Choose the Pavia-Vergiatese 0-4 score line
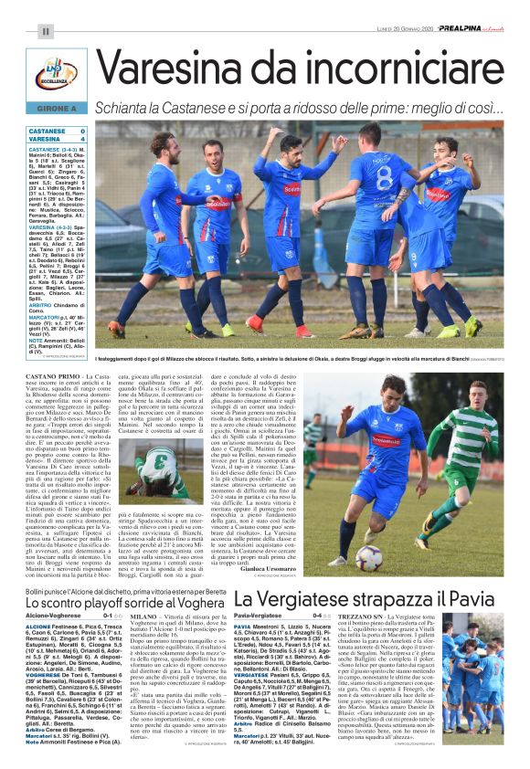tap(275, 618)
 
